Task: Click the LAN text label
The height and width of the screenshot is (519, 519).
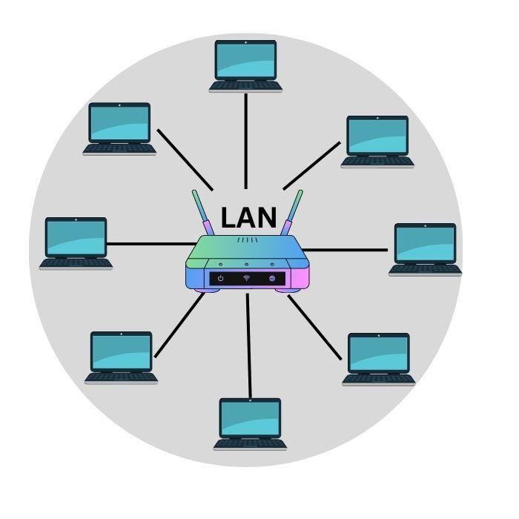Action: [249, 218]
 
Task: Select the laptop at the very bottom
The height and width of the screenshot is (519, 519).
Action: [250, 423]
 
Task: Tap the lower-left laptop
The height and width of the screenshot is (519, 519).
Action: [121, 356]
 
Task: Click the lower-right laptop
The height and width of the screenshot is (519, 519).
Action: [378, 358]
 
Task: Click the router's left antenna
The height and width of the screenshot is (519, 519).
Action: [201, 213]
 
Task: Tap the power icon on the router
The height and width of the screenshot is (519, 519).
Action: [220, 278]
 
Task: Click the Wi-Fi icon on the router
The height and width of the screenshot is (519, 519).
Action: [246, 278]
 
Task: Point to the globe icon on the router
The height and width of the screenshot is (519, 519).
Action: [272, 278]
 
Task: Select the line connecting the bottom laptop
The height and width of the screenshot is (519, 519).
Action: [249, 345]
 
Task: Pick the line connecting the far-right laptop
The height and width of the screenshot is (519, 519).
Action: [345, 250]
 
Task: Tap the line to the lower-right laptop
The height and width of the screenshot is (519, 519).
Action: [315, 328]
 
